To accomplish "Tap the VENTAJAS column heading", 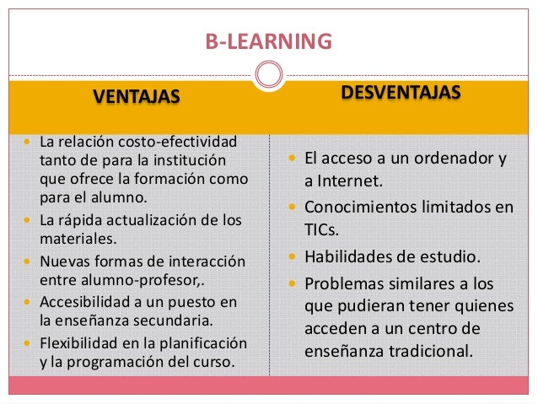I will pyautogui.click(x=136, y=98).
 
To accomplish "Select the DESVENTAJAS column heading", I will pyautogui.click(x=401, y=91).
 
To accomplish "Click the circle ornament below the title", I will pyautogui.click(x=268, y=75).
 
